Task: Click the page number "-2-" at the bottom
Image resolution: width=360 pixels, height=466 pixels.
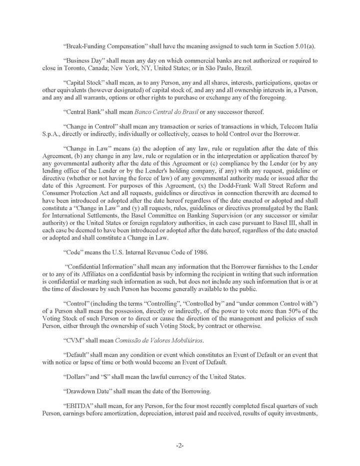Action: [x=180, y=446]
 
